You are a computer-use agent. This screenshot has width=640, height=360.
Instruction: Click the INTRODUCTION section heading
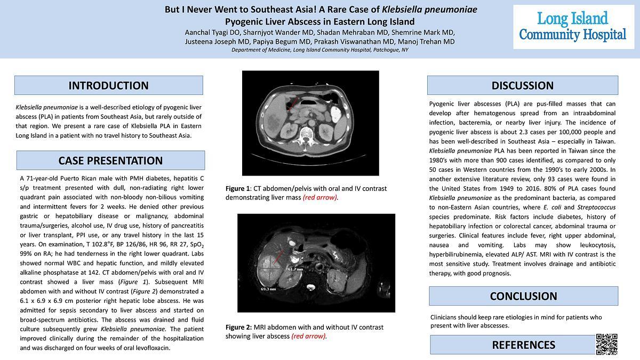pos(108,85)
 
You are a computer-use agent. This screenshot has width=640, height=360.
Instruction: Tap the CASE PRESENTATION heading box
pos(110,161)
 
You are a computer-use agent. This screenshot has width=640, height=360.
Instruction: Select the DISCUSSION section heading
pos(522,85)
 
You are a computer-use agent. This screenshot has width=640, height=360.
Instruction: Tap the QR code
pos(606,344)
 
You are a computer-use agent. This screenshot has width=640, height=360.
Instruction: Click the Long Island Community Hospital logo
pos(573,27)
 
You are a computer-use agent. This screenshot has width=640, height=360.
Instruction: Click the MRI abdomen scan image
pos(316,263)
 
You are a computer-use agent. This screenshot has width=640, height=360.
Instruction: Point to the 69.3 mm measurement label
pos(268,289)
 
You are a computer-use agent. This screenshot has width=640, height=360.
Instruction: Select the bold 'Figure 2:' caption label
pos(238,327)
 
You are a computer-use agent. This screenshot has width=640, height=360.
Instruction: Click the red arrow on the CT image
pos(291,102)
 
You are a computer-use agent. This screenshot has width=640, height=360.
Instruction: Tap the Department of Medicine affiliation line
pos(320,50)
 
